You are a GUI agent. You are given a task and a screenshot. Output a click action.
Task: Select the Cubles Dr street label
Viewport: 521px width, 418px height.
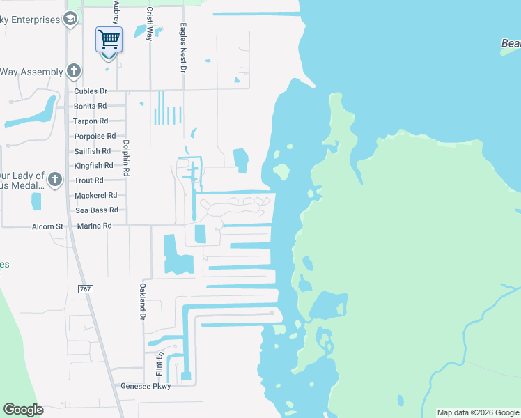pos(91,91)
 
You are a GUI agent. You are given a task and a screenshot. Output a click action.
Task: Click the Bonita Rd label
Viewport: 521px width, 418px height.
pos(91,107)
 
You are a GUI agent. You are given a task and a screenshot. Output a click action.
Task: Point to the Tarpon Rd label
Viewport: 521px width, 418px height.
pos(91,121)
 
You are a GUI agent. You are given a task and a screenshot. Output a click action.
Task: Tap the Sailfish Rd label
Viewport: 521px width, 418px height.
pos(93,151)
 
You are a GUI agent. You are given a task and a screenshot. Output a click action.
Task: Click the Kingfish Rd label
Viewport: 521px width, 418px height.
pos(93,166)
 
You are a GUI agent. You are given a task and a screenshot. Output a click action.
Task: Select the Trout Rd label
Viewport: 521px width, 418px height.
pos(88,180)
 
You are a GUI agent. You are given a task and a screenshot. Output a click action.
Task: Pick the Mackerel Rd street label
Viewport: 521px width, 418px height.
pos(95,196)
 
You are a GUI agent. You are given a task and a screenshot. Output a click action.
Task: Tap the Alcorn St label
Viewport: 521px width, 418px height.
pos(47,226)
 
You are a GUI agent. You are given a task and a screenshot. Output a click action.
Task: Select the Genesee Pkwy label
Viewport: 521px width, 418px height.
pos(146,386)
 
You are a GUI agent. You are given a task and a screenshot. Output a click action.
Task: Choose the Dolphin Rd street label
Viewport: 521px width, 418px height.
pos(126,158)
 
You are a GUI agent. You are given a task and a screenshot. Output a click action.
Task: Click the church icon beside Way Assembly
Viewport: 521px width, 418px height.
pos(73,71)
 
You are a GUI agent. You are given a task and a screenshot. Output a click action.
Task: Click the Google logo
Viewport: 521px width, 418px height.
pos(23,410)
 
